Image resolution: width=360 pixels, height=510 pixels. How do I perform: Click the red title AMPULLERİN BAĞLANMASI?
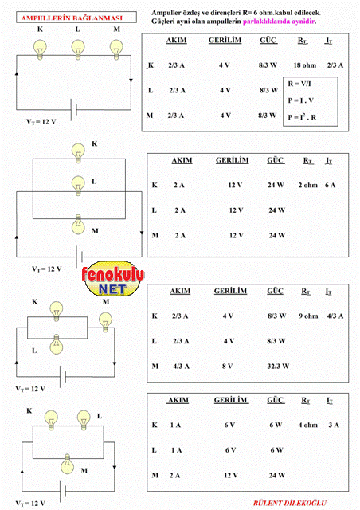(x=72, y=18)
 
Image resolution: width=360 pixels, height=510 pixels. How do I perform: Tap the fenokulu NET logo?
(x=112, y=278)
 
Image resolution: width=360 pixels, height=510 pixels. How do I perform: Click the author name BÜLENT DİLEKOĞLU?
(x=290, y=503)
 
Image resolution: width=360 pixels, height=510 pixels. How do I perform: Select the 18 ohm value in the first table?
(x=305, y=65)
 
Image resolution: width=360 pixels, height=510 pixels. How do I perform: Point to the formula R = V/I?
(x=299, y=84)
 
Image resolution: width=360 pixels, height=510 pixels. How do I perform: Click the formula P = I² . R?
(x=302, y=116)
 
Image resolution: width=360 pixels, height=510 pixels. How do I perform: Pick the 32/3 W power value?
(x=278, y=367)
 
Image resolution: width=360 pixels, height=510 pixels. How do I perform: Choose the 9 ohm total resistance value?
(x=308, y=316)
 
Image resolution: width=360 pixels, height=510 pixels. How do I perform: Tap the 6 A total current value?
(x=330, y=185)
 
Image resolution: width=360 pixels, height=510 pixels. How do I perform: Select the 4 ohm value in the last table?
(x=307, y=425)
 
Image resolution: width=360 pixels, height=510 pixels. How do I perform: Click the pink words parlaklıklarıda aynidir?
(x=280, y=22)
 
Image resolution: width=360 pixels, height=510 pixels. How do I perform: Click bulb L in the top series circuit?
(x=78, y=49)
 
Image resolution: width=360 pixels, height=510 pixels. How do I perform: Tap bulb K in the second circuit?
(x=78, y=153)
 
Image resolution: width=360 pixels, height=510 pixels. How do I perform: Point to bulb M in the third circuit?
(x=105, y=322)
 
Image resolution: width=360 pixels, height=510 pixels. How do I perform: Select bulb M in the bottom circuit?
(x=68, y=464)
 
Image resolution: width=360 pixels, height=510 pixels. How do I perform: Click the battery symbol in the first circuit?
(x=74, y=110)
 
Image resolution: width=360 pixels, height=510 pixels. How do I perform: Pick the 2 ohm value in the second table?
(x=307, y=185)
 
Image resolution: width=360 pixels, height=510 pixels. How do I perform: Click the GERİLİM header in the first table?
(x=225, y=41)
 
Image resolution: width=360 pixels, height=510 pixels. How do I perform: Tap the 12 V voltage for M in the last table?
(x=231, y=476)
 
